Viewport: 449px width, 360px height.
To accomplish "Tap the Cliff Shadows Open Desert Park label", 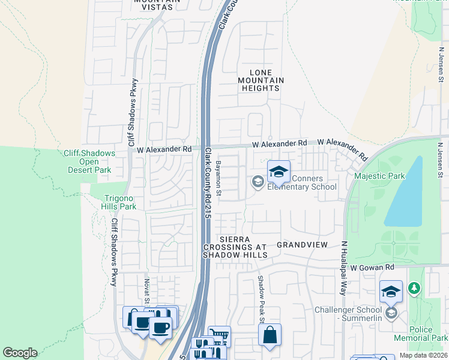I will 89,161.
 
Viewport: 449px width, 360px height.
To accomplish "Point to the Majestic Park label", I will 379,176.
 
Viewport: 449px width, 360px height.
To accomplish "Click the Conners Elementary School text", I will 302,182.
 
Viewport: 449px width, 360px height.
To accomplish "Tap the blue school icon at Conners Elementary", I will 279,173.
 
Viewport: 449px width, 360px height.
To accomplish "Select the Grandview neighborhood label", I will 302,245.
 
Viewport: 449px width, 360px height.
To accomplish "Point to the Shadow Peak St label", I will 262,299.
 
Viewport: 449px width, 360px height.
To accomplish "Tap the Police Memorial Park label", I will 421,334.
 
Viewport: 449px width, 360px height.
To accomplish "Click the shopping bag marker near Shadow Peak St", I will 270,335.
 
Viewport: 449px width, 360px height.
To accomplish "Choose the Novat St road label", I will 146,290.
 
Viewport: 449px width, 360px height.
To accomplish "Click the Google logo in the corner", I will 20,353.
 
